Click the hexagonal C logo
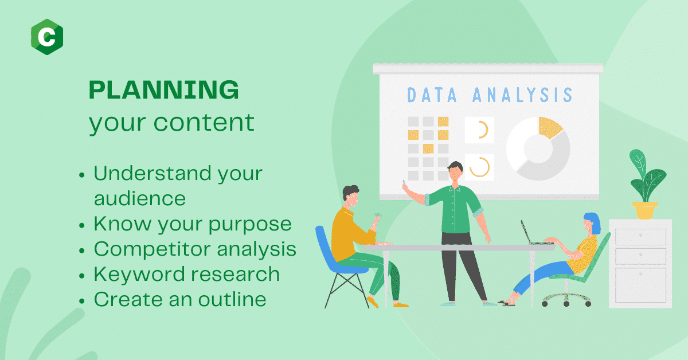[x=47, y=37]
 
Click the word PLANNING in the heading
[x=164, y=89]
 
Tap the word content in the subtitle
[x=204, y=122]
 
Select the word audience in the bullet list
[x=140, y=198]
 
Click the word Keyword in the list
[x=139, y=273]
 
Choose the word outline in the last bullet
[x=232, y=299]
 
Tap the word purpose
[x=250, y=225]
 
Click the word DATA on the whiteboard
[x=432, y=95]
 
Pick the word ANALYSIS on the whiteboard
[x=522, y=95]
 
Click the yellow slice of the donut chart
[x=550, y=127]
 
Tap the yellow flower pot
[x=644, y=210]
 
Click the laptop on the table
[x=536, y=233]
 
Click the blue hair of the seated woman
[x=593, y=222]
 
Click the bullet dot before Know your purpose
[x=81, y=225]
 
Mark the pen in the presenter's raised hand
[x=404, y=183]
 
